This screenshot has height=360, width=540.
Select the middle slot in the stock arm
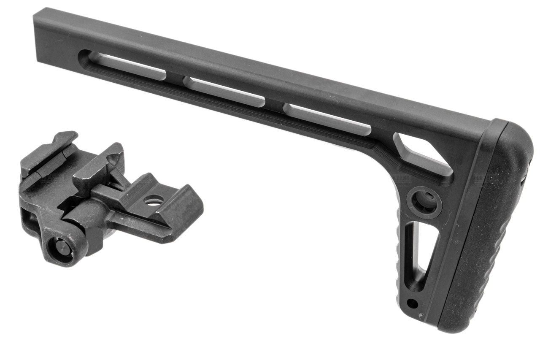click(x=224, y=92)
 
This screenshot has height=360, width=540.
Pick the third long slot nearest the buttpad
click(x=327, y=119)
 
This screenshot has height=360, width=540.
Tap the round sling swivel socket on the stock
click(x=424, y=202)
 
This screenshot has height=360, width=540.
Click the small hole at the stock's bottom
click(x=413, y=303)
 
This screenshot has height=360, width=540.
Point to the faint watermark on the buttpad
click(x=485, y=178)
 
